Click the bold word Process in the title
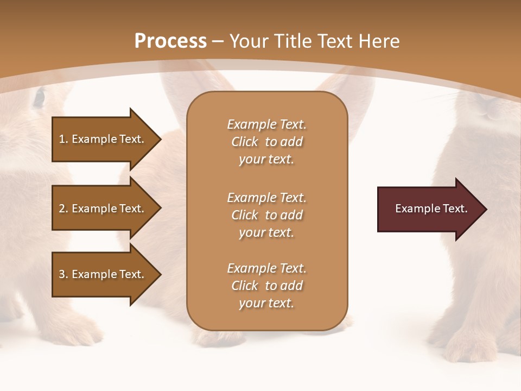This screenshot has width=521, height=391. click(170, 41)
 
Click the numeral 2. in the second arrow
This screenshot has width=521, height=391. click(63, 209)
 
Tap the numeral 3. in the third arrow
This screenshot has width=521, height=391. click(63, 274)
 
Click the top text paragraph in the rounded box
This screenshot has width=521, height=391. click(266, 142)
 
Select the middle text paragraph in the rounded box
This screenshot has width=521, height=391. click(266, 215)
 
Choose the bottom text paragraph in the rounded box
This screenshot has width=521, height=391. click(266, 286)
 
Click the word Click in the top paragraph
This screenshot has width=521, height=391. click(245, 142)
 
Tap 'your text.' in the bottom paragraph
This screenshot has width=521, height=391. click(266, 303)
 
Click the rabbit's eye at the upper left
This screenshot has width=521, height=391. click(39, 98)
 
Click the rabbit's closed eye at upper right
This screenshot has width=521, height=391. click(493, 113)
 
